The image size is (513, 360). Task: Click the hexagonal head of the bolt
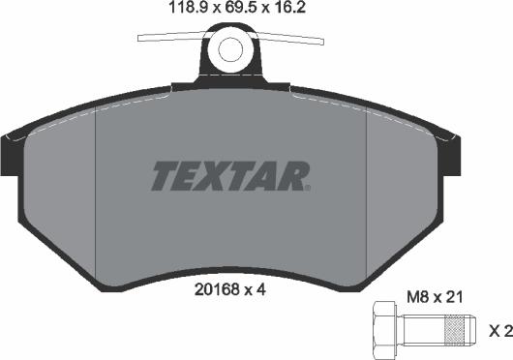(x=383, y=330)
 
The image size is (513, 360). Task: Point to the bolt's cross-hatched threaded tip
(x=455, y=330)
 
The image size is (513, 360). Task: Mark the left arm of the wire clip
(x=169, y=38)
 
